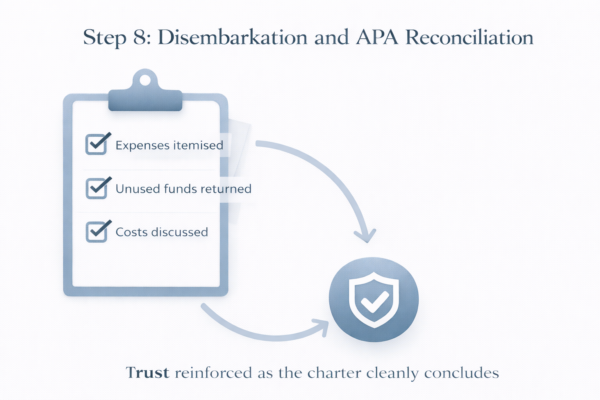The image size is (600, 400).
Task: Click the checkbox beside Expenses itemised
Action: (x=96, y=145)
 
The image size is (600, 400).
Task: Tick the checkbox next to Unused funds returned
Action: (x=96, y=189)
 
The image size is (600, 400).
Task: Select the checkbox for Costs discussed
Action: (x=96, y=232)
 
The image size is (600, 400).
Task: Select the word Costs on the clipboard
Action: (x=132, y=232)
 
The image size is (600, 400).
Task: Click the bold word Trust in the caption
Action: (x=148, y=373)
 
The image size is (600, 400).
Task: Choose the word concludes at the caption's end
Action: (x=461, y=373)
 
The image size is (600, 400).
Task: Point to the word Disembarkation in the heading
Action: (x=232, y=38)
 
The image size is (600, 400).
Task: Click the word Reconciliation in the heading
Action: (x=469, y=38)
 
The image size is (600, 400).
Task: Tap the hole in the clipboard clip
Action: (x=145, y=80)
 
